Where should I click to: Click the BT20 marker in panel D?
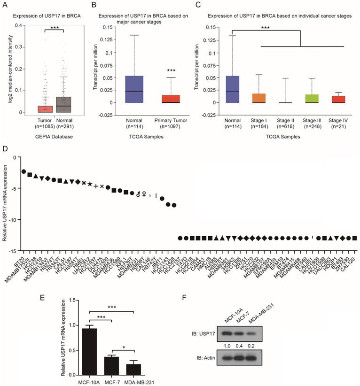(x=23, y=171)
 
